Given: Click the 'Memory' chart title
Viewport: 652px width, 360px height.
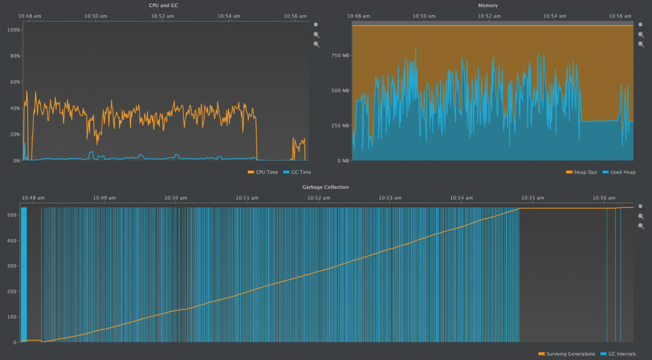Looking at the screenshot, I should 488,5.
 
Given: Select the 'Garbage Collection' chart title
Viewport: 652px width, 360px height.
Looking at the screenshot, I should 325,187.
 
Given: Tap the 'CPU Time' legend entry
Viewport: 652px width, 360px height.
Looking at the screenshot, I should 264,172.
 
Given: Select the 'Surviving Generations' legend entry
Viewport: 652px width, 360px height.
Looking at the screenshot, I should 570,354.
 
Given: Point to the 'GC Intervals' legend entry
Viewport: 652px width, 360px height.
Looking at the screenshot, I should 621,354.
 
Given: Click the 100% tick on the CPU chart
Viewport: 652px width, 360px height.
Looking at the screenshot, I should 13,29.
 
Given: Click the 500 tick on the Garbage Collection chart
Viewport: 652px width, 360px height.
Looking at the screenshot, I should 10,215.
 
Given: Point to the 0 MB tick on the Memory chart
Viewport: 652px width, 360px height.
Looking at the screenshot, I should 343,161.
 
